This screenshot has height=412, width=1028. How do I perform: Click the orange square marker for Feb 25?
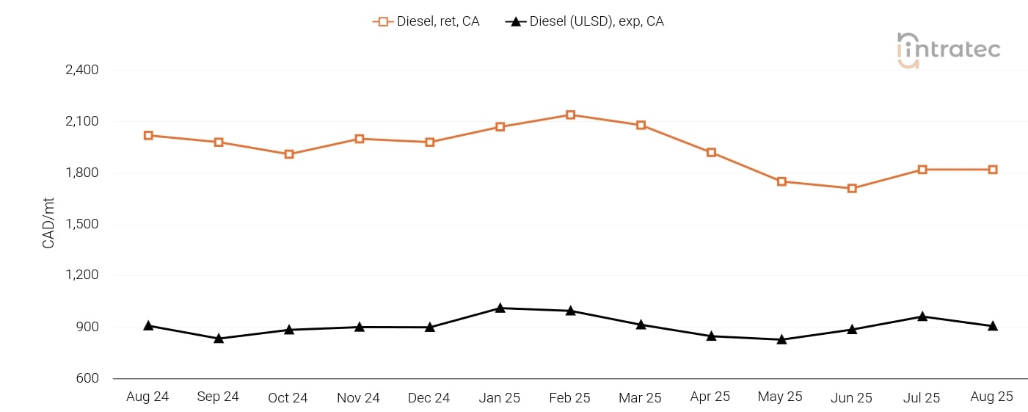tap(570, 115)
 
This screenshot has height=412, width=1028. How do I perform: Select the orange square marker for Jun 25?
tap(852, 189)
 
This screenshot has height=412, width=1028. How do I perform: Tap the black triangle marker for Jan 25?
tap(500, 308)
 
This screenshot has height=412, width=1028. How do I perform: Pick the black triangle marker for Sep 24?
tap(219, 339)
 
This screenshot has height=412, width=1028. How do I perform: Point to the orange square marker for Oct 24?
tap(289, 154)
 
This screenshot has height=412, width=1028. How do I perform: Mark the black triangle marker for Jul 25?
tap(922, 317)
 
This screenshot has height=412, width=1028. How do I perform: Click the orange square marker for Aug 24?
tap(148, 135)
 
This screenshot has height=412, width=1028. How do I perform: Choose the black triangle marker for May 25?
tap(781, 339)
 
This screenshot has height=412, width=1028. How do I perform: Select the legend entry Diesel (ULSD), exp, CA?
tap(585, 21)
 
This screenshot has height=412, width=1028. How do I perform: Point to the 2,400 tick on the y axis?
tap(82, 71)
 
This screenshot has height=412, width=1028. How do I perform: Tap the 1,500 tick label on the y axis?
tap(82, 225)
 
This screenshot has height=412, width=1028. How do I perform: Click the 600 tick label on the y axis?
tap(87, 379)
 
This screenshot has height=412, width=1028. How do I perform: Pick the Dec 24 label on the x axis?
tap(429, 397)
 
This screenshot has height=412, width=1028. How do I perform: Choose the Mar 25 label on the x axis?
tap(640, 397)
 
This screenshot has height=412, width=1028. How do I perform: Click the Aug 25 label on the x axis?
tap(992, 397)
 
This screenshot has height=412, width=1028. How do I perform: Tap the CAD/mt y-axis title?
tap(49, 225)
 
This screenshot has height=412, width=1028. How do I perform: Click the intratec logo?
tap(948, 50)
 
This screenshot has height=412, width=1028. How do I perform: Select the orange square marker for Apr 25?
tap(711, 153)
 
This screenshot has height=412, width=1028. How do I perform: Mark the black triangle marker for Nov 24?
tap(360, 327)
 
